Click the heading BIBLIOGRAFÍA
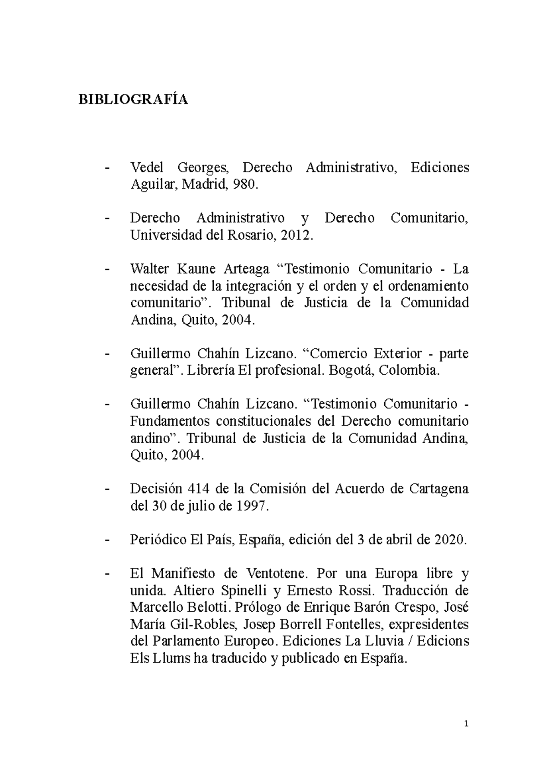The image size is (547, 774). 133,99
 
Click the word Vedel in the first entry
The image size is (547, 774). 147,168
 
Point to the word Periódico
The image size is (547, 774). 157,540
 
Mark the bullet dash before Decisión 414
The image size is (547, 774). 108,489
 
